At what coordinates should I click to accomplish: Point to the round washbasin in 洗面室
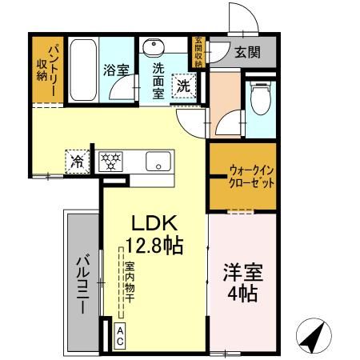tap(157, 46)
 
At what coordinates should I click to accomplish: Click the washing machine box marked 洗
tap(184, 85)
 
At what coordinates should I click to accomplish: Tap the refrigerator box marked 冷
tap(78, 161)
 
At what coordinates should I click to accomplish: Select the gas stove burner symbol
tap(111, 161)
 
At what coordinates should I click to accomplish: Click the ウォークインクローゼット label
tap(251, 176)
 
